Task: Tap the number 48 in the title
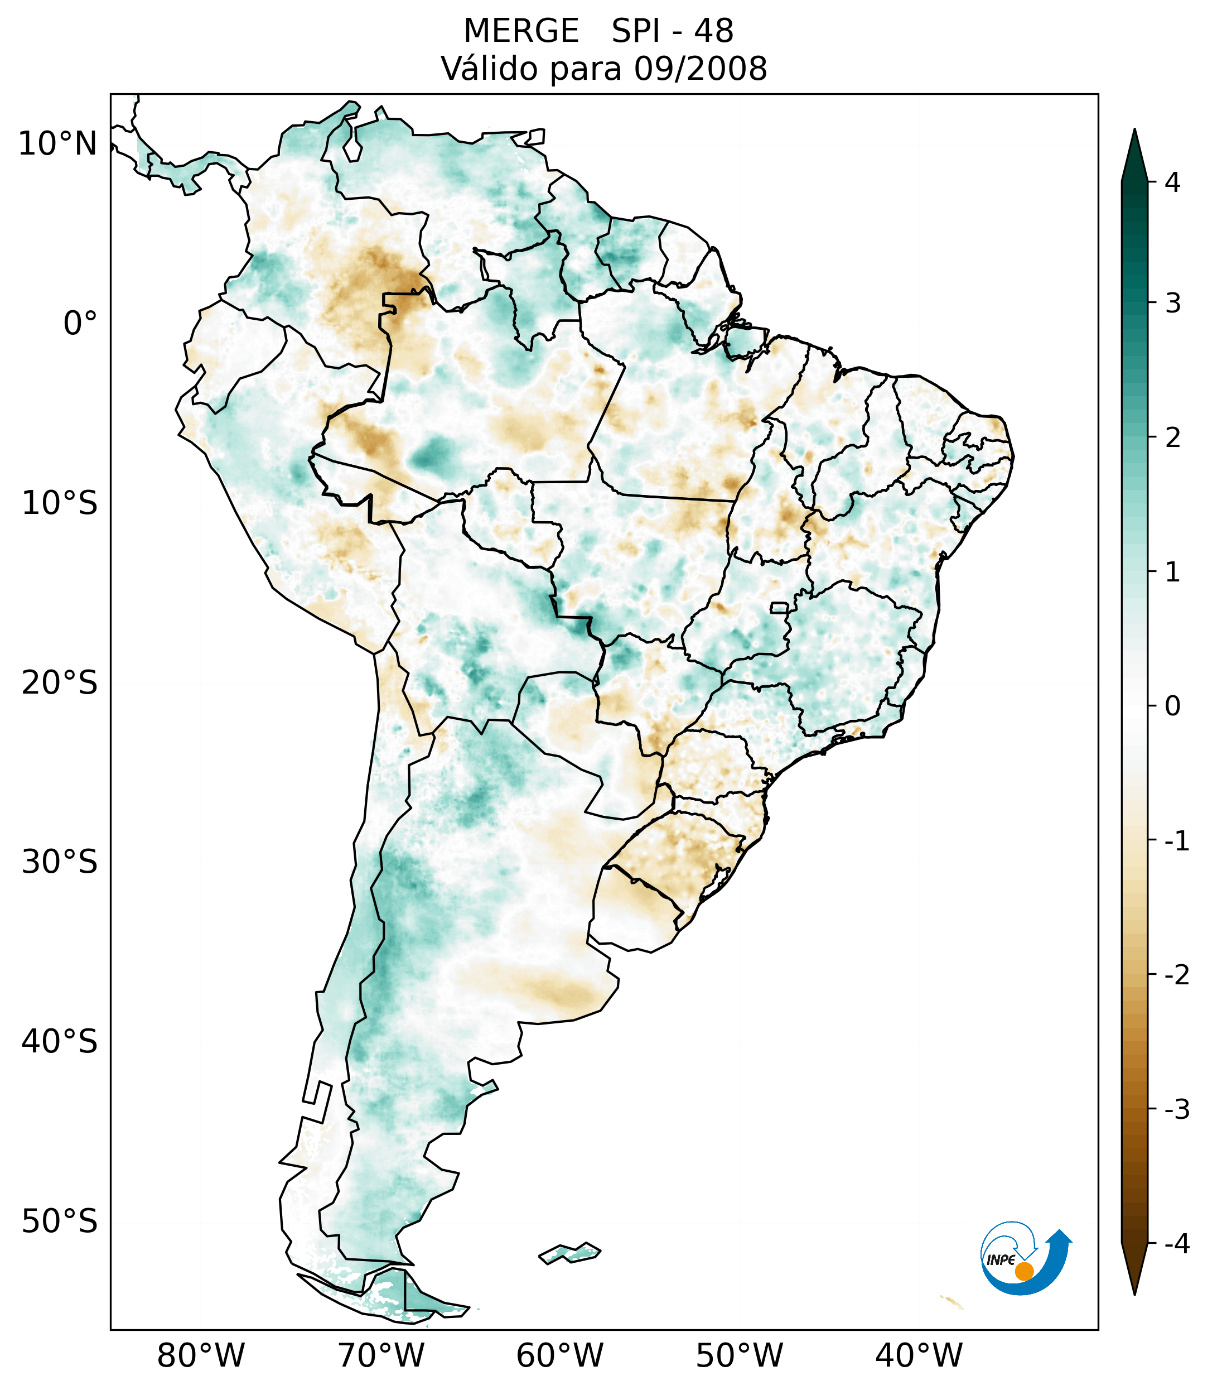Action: [x=714, y=31]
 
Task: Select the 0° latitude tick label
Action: [x=80, y=324]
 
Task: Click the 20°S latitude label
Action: [x=60, y=683]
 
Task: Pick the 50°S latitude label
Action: [x=60, y=1222]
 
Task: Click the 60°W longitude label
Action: [x=559, y=1355]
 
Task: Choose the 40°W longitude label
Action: [x=919, y=1355]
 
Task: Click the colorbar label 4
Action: [x=1172, y=182]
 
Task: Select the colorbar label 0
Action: [x=1172, y=706]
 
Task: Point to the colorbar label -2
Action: [x=1176, y=975]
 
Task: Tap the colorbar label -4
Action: [x=1176, y=1244]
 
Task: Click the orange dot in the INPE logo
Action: [x=1024, y=1271]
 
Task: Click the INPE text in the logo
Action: [x=1001, y=1260]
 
